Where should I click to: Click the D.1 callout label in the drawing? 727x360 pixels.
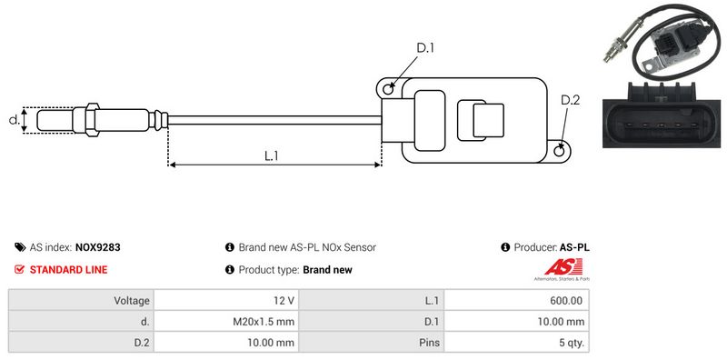click(x=425, y=47)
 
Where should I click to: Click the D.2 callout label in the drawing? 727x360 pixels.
click(x=570, y=100)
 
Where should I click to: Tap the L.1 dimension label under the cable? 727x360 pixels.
click(x=271, y=156)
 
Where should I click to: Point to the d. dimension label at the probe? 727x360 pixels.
click(x=15, y=120)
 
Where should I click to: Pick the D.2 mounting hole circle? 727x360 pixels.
click(x=560, y=149)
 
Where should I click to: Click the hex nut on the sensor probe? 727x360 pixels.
click(x=92, y=120)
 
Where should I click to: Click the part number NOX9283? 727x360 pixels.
click(x=98, y=248)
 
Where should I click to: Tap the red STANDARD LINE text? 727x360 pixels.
click(x=69, y=270)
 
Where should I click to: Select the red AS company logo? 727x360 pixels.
click(x=563, y=267)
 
